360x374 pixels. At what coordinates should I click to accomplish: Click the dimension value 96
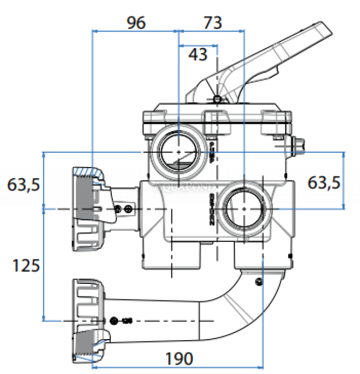coord(136,23)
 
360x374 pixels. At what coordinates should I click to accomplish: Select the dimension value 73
coord(213,23)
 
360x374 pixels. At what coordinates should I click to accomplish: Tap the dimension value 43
coord(198,54)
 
